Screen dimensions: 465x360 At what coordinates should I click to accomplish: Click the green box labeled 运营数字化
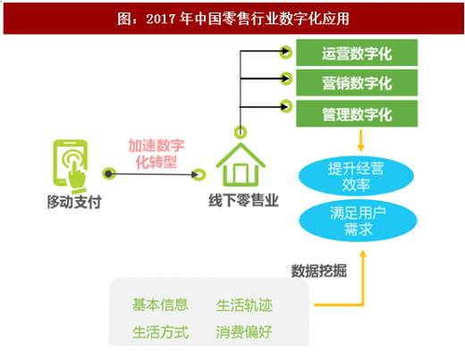[357, 53]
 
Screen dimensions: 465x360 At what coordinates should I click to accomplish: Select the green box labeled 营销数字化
[357, 83]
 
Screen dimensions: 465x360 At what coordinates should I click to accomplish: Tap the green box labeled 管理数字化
[357, 113]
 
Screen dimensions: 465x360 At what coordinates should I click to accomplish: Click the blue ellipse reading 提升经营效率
[356, 176]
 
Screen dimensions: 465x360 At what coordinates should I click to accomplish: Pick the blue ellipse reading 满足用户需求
[358, 221]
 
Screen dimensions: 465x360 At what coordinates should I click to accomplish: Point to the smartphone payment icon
[71, 166]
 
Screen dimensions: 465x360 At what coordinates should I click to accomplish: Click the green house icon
[241, 164]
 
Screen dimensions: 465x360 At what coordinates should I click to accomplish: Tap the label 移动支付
[74, 202]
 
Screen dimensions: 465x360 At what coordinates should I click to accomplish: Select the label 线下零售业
[243, 200]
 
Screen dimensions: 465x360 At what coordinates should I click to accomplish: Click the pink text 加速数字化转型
[156, 154]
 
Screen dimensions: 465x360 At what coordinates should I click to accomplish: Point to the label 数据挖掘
[318, 271]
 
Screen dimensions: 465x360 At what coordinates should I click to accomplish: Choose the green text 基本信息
[160, 305]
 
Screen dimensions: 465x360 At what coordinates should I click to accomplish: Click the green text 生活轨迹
[244, 306]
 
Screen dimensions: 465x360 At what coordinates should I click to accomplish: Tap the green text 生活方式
[160, 332]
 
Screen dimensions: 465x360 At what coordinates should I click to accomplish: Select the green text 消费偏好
[244, 332]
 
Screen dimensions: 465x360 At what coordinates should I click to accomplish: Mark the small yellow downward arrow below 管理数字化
[360, 140]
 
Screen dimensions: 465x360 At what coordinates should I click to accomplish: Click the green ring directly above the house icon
[241, 132]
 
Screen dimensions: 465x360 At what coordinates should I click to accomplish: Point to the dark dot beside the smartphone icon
[109, 173]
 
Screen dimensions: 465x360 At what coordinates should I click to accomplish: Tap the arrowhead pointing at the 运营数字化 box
[286, 52]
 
